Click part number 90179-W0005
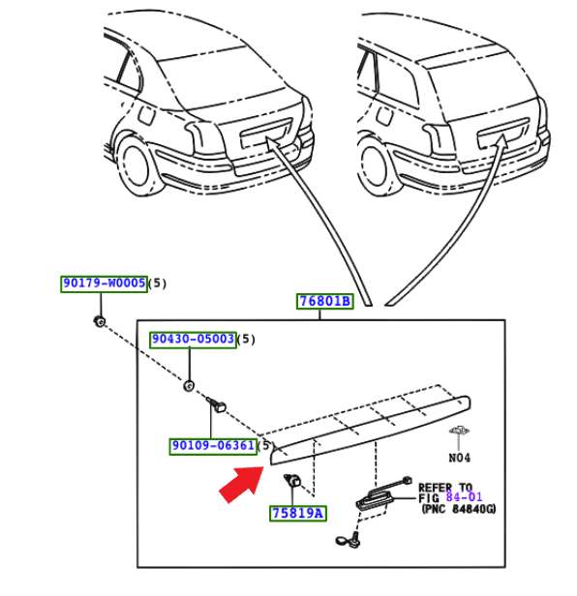pyautogui.click(x=104, y=283)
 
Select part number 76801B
pyautogui.click(x=325, y=301)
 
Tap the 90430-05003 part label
pyautogui.click(x=194, y=339)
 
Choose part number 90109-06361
pyautogui.click(x=213, y=445)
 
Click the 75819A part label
pyautogui.click(x=298, y=513)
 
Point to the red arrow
pyautogui.click(x=242, y=484)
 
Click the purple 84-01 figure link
pyautogui.click(x=464, y=496)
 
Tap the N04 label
pyautogui.click(x=459, y=458)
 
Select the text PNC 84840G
pyautogui.click(x=459, y=509)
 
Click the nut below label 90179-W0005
pyautogui.click(x=100, y=321)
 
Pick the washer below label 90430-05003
pyautogui.click(x=188, y=386)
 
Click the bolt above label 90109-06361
pyautogui.click(x=217, y=405)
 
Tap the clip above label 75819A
pyautogui.click(x=292, y=481)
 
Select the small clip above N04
pyautogui.click(x=460, y=431)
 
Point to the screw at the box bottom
pyautogui.click(x=349, y=540)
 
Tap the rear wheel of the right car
pyautogui.click(x=378, y=167)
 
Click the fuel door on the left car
pyautogui.click(x=145, y=114)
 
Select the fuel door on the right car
pyautogui.click(x=384, y=115)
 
